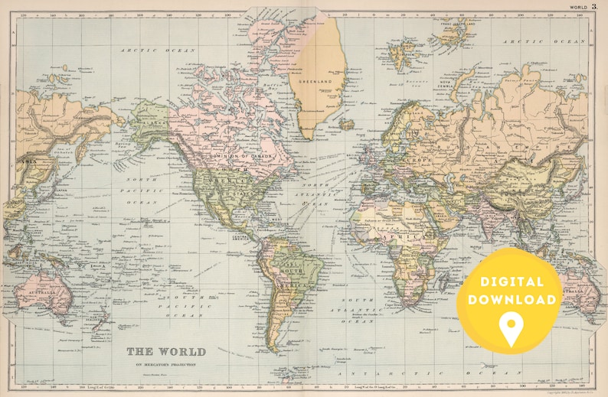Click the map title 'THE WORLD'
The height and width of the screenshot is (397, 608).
pos(165,351)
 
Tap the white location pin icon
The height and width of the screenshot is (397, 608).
pos(509,328)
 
